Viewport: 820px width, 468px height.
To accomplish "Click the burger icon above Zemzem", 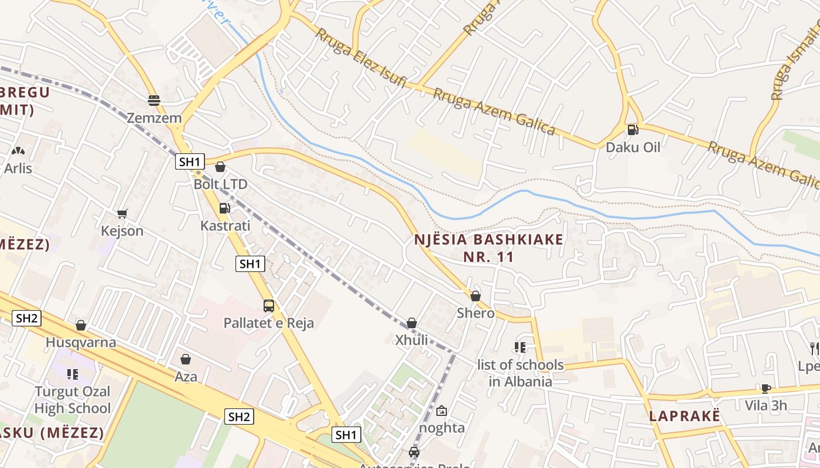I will tap(154, 101).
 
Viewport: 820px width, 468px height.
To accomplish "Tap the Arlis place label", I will tap(18, 168).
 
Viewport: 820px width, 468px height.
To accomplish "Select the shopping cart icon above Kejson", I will tap(122, 214).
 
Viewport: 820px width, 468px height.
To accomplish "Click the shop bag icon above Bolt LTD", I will tap(220, 167).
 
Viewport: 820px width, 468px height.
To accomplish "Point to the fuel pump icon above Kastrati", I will tap(224, 208).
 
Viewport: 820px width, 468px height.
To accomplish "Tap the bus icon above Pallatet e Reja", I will tap(268, 305).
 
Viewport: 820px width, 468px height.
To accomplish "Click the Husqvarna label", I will tap(81, 342).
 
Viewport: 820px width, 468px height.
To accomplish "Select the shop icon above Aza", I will tap(186, 359).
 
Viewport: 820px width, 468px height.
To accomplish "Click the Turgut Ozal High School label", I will tap(72, 400).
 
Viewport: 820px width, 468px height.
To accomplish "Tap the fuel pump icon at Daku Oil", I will tap(633, 130).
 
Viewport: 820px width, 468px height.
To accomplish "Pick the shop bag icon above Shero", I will tap(476, 296).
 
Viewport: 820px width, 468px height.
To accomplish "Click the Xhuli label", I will tap(411, 340).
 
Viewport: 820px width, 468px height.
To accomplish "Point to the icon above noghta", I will tap(442, 411).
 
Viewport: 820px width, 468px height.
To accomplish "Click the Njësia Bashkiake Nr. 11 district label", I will tap(488, 248).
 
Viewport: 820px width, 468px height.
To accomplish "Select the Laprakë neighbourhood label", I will tap(684, 417).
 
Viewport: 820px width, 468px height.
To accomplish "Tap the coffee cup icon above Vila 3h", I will tap(766, 388).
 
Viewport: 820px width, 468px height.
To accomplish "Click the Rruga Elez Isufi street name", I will tap(361, 58).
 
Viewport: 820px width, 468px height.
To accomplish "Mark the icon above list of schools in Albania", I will tap(520, 347).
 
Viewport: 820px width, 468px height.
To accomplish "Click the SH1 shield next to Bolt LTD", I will tap(190, 162).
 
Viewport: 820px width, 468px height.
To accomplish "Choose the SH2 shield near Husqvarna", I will tap(27, 318).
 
